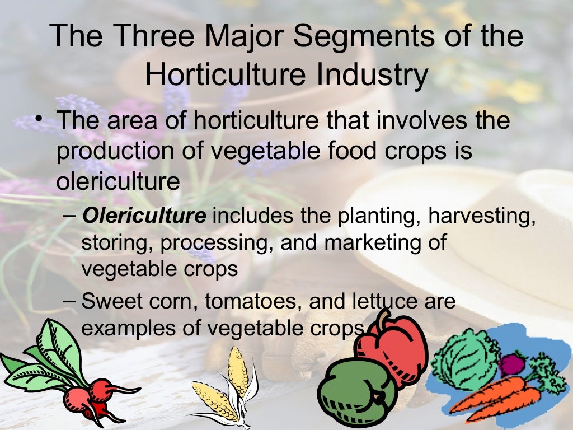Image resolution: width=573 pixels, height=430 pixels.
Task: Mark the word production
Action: [107, 152]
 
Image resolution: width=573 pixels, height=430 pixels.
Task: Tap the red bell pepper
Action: [394, 347]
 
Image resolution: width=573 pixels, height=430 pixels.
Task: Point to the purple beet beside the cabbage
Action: [512, 364]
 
